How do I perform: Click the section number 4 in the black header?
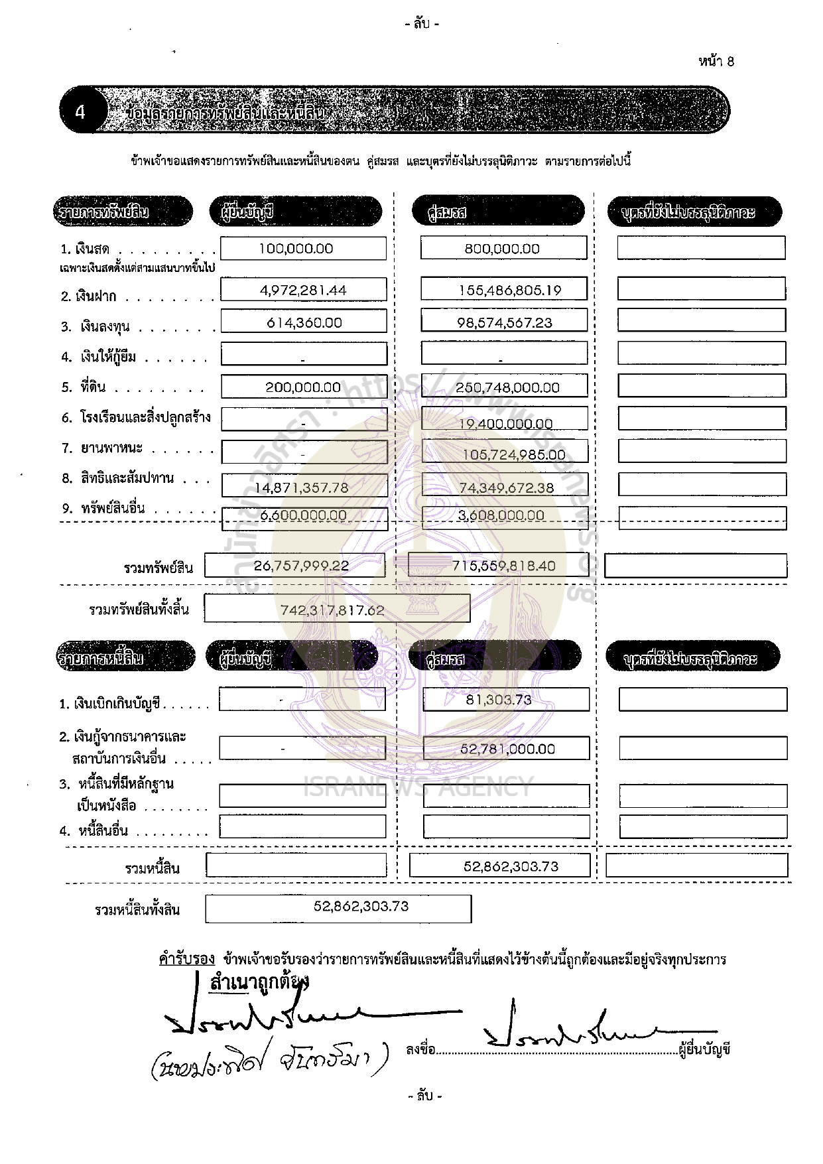point(80,111)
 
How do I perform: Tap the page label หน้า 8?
point(716,62)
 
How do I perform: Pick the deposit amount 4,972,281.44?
point(303,290)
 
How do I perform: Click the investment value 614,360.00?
point(304,322)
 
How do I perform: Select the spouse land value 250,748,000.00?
point(508,387)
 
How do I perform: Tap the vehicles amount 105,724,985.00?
point(515,455)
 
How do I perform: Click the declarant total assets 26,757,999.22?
point(301,566)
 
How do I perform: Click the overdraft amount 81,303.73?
point(498,699)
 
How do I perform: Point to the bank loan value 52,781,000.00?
point(507,749)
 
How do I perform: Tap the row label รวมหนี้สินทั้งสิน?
point(137,910)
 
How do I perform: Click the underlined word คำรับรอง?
point(187,959)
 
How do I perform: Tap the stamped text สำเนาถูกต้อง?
point(259,982)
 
